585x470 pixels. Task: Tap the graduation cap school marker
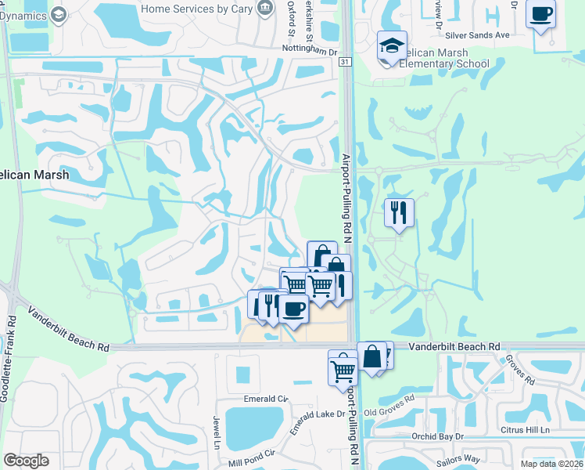point(392,47)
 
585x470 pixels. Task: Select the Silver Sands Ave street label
point(477,35)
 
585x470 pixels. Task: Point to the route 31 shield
point(346,61)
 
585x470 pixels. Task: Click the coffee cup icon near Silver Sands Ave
point(540,14)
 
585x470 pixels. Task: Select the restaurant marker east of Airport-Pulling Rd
point(399,211)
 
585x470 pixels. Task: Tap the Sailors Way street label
point(481,458)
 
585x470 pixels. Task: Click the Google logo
point(26,461)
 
